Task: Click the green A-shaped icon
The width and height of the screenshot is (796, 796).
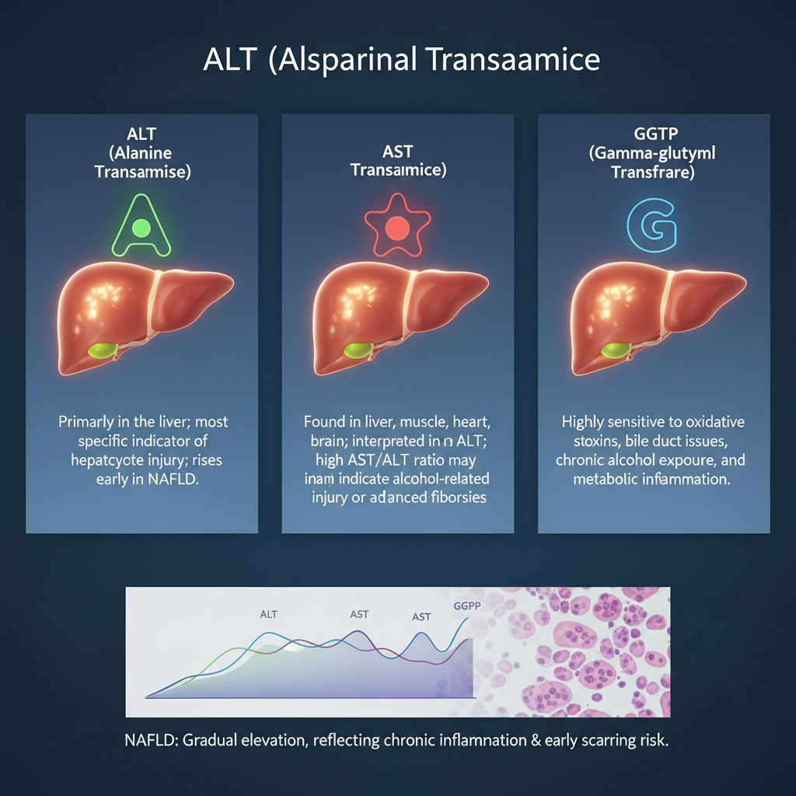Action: coord(141,225)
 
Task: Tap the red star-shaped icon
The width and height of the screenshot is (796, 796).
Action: coord(397,226)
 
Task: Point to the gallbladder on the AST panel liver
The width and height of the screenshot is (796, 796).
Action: coord(357,351)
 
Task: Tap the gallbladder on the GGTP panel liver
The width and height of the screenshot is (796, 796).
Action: coord(613,351)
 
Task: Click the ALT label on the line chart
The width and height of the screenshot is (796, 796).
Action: coord(268,614)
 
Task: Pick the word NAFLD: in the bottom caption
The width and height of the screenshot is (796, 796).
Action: coord(152,740)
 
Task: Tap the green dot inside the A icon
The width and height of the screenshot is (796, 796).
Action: coord(141,228)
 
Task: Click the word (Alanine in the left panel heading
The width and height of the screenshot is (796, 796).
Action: coord(141,153)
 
